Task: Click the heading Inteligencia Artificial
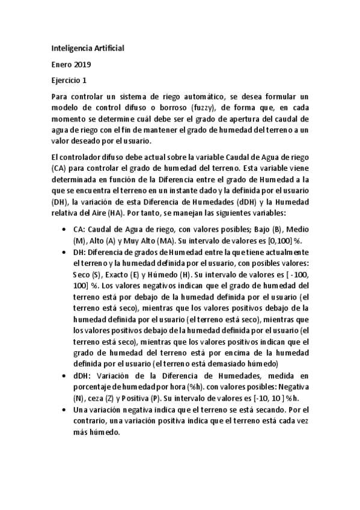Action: pyautogui.click(x=88, y=47)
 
